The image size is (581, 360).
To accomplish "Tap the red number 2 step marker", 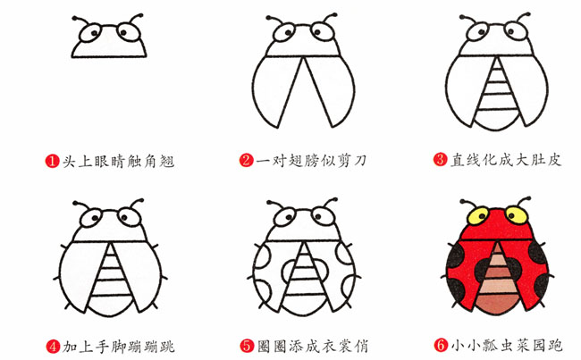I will point(246,162).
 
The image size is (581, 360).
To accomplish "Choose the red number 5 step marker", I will point(246,345).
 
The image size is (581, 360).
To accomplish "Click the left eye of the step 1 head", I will point(92,35).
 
